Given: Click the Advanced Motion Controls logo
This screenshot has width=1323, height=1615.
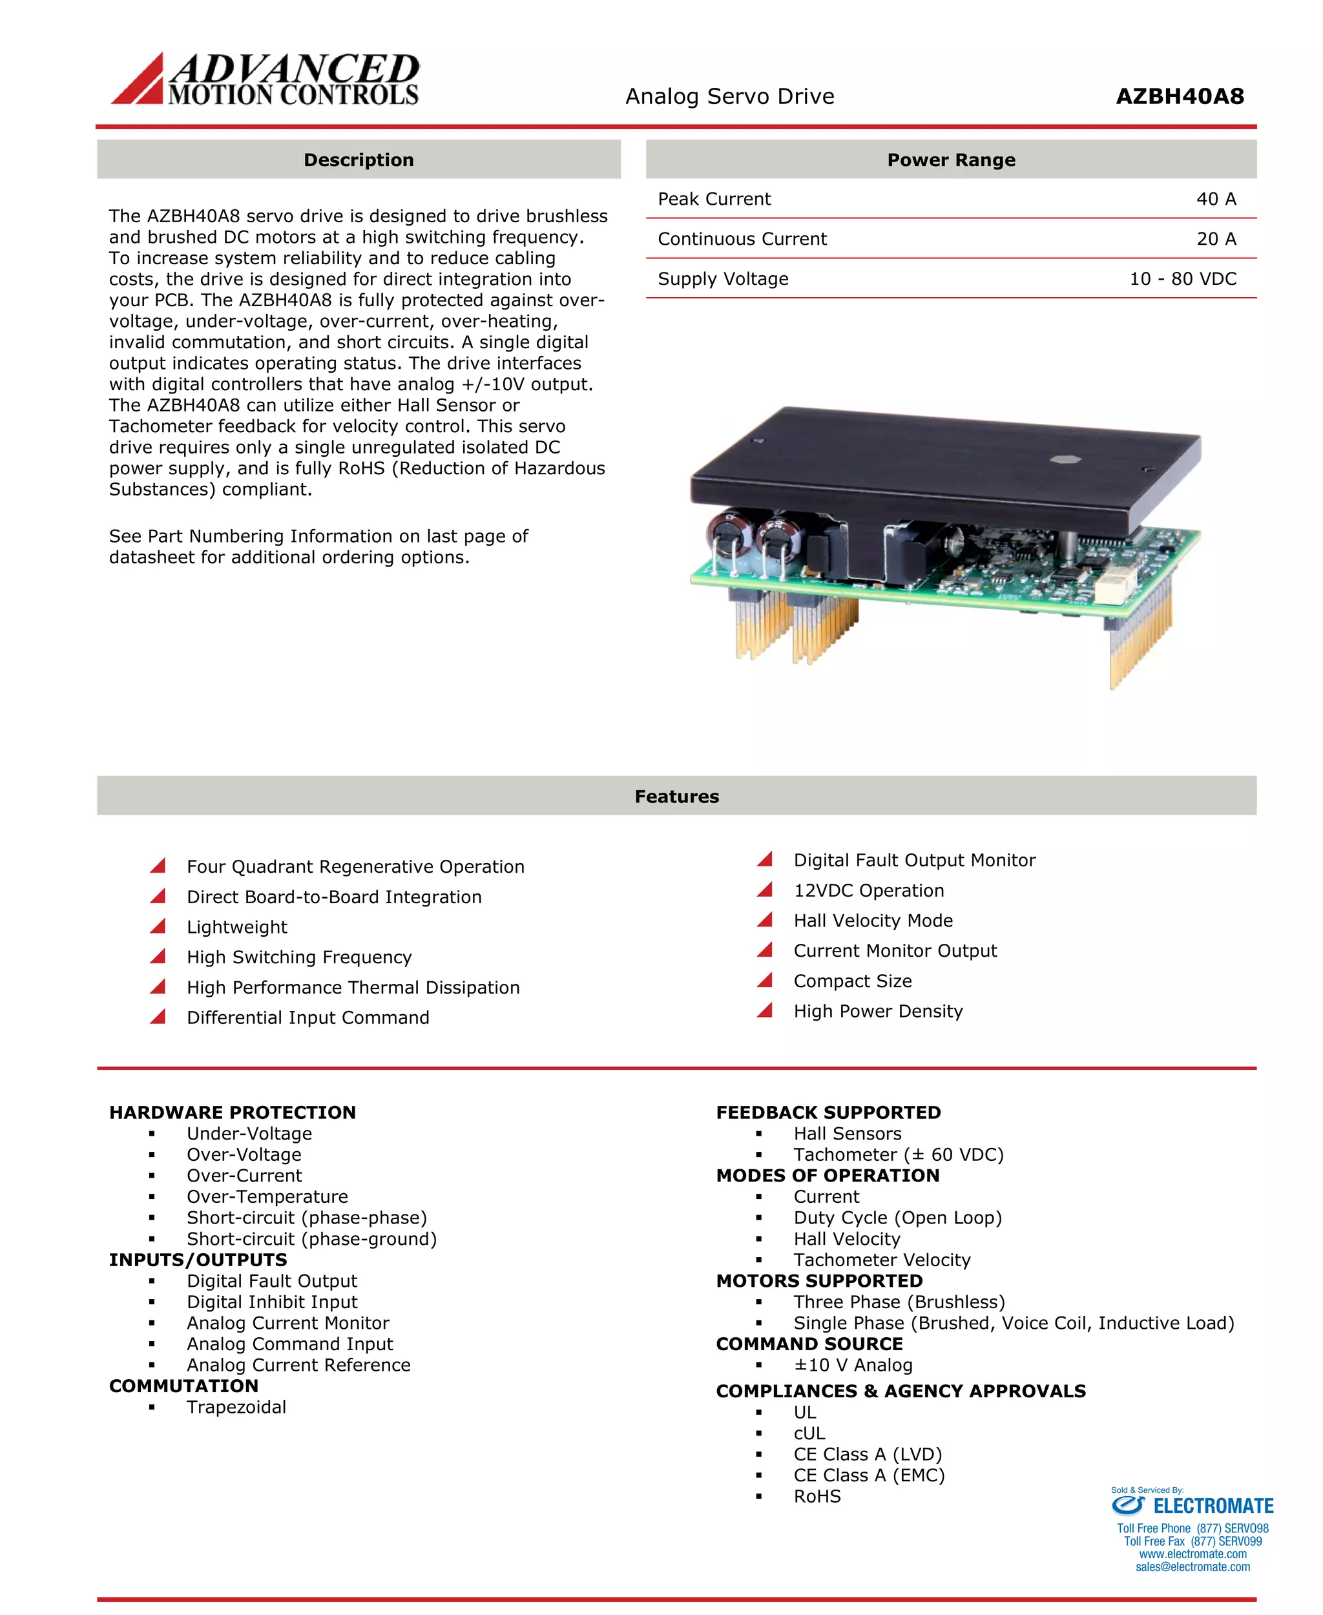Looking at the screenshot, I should (x=266, y=79).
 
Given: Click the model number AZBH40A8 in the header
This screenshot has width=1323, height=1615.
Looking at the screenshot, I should (x=1179, y=97).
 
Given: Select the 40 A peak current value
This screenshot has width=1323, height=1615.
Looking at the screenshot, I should (x=1216, y=199).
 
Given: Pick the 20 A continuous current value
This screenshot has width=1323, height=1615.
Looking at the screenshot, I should (x=1216, y=239).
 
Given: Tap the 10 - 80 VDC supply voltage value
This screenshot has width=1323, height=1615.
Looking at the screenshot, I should (x=1182, y=279).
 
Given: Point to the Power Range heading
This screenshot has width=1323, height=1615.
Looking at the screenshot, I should (x=950, y=160).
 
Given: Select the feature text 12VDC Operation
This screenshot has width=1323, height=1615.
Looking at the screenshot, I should (x=868, y=890).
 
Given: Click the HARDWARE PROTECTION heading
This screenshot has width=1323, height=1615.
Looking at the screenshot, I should (x=233, y=1113).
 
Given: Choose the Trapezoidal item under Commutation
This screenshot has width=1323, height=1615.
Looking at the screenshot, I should (x=236, y=1407).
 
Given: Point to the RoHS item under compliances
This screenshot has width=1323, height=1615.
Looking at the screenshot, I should (x=817, y=1496).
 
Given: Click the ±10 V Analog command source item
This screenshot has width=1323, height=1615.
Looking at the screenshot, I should (x=853, y=1365).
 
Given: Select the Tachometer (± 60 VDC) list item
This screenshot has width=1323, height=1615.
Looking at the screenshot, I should (x=899, y=1154).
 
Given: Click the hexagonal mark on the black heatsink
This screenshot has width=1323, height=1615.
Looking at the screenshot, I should (x=1063, y=459).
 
